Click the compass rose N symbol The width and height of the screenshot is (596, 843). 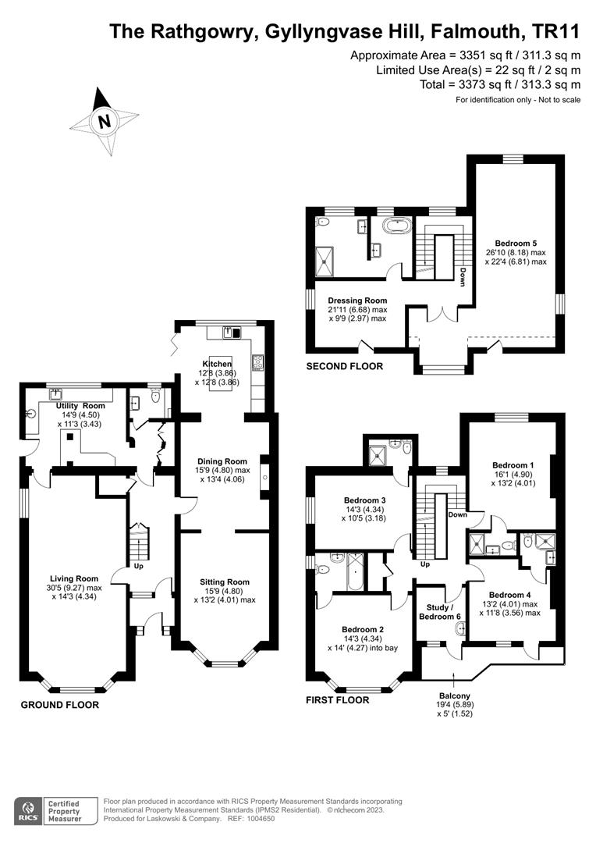[104, 121]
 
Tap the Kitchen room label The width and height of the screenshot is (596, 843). [217, 364]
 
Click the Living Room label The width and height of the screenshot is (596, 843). [74, 578]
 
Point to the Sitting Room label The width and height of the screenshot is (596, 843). [225, 582]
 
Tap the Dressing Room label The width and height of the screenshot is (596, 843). [357, 301]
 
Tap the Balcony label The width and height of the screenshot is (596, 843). [453, 696]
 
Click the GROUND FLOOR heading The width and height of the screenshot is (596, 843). [59, 705]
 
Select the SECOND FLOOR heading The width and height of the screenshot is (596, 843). [344, 366]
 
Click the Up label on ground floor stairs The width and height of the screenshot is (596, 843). [138, 566]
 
